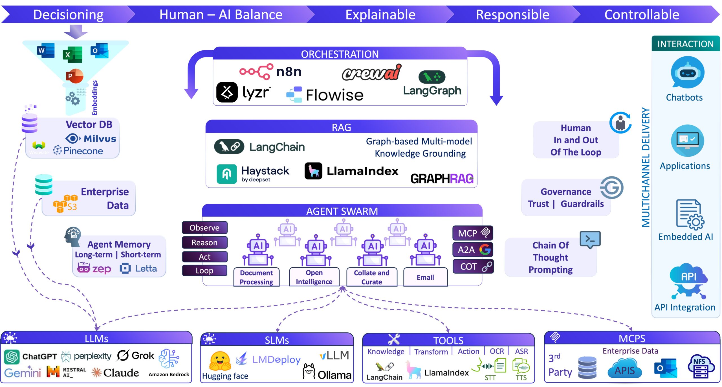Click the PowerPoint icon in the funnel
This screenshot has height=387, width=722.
coord(74,76)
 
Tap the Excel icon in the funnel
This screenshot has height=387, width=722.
coord(72,55)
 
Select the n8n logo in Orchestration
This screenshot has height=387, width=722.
coord(270,72)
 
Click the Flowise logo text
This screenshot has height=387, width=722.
coord(334,95)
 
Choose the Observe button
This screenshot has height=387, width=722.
coord(204,228)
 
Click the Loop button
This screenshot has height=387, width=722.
coord(204,271)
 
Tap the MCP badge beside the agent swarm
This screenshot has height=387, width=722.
coord(473,233)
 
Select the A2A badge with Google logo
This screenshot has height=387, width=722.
coord(473,250)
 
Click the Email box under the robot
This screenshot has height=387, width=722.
coord(425,277)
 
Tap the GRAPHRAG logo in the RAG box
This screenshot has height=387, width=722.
coord(442,179)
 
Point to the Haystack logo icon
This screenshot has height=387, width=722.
coord(226,174)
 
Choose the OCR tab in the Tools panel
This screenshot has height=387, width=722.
coord(497,351)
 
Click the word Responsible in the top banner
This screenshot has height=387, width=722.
coord(512,15)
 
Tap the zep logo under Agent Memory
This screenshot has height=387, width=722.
coord(94,268)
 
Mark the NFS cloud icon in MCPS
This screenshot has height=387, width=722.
coord(701,366)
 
